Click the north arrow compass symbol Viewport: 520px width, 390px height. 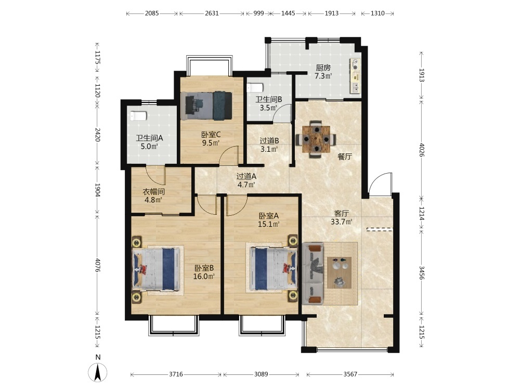(x=98, y=372)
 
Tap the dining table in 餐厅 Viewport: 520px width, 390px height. (x=316, y=139)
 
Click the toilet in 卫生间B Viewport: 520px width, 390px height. (x=255, y=87)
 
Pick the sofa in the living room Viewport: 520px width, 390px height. (x=313, y=274)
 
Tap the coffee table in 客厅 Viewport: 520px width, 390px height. (x=339, y=272)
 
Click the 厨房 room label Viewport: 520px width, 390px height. (x=323, y=68)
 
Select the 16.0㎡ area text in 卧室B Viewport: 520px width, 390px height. (x=204, y=276)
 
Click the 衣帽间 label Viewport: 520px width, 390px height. (x=153, y=192)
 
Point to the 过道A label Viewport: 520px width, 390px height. (x=246, y=176)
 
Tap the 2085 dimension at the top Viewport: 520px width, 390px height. (x=152, y=14)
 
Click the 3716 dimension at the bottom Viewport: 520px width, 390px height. (x=176, y=374)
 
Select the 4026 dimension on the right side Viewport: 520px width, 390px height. (x=422, y=150)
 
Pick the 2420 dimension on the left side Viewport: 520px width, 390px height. (x=97, y=134)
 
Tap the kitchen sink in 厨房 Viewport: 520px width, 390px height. (x=355, y=87)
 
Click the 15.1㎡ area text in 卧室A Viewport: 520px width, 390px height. (x=269, y=224)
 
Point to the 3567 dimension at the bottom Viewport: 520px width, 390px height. (x=350, y=374)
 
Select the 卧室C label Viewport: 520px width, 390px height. (x=211, y=135)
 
